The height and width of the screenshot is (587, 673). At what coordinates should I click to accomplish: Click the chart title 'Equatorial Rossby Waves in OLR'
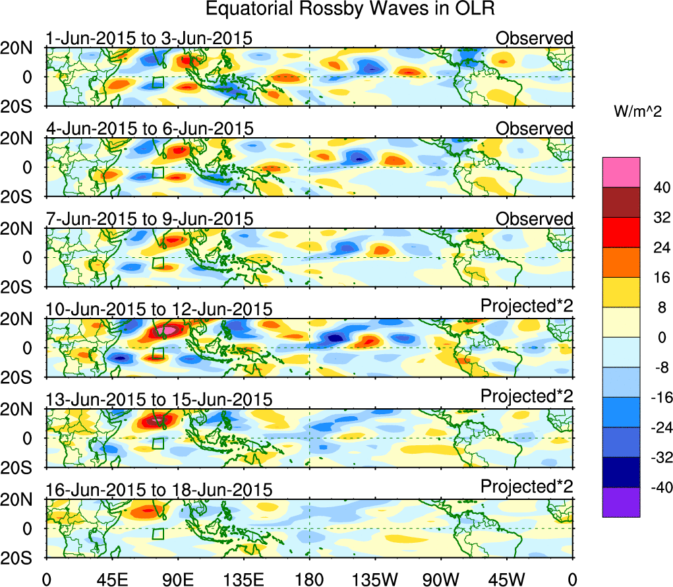(x=349, y=9)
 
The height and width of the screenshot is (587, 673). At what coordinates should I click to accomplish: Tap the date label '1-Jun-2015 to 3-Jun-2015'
(x=149, y=39)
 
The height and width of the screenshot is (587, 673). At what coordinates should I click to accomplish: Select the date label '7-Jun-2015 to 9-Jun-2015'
(x=149, y=219)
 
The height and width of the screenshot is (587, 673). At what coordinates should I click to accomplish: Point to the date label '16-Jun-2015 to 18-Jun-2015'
(x=159, y=490)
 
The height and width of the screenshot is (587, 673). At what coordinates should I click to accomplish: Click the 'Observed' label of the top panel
(x=535, y=39)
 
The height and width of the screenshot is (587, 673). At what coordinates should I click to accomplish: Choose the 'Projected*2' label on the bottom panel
(x=527, y=487)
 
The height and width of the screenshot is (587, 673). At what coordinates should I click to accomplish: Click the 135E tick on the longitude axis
(x=243, y=578)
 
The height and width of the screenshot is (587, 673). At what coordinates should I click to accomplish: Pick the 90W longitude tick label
(x=441, y=578)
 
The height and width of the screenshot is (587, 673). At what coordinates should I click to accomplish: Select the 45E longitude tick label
(x=111, y=578)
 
